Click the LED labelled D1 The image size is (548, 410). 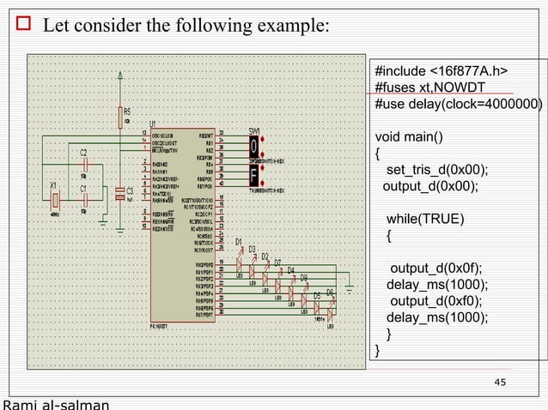point(241,251)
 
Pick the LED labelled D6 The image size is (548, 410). point(331,304)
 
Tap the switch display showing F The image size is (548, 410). point(254,175)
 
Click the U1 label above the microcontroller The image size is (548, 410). point(153,123)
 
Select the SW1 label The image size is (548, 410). point(254,130)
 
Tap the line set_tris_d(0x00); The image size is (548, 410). point(436,169)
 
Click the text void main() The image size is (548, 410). point(410,137)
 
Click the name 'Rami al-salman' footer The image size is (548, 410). point(57,404)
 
